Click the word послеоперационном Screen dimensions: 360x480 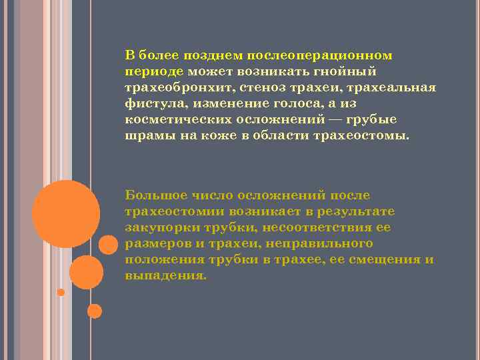pyautogui.click(x=320, y=55)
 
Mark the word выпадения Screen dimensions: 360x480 pyautogui.click(x=165, y=276)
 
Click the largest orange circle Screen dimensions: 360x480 pyautogui.click(x=66, y=214)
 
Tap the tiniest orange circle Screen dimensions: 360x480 pyautogui.click(x=61, y=292)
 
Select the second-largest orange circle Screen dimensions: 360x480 pyautogui.click(x=86, y=272)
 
